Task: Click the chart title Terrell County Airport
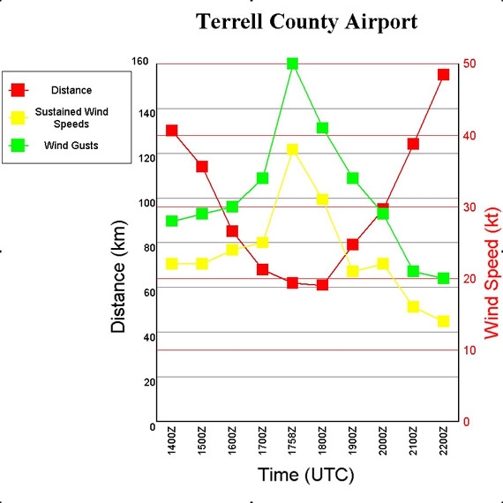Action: (306, 22)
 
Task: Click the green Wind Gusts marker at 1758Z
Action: (292, 64)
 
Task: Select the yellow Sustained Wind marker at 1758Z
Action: (292, 149)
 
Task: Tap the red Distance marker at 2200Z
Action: (443, 75)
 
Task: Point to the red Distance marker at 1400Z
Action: (171, 131)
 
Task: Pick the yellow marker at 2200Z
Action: (443, 321)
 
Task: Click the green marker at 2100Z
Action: (413, 272)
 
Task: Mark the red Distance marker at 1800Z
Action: (322, 285)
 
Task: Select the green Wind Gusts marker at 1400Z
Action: (171, 221)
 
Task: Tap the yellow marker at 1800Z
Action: (322, 199)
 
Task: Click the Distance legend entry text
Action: (71, 90)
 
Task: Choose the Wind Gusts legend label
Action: (71, 146)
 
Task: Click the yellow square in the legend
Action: (18, 117)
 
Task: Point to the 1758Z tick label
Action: (292, 440)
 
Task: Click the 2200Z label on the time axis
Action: (443, 440)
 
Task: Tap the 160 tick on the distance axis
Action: (139, 61)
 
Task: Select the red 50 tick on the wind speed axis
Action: (469, 64)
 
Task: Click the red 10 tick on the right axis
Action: (469, 350)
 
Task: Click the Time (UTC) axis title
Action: (306, 475)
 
